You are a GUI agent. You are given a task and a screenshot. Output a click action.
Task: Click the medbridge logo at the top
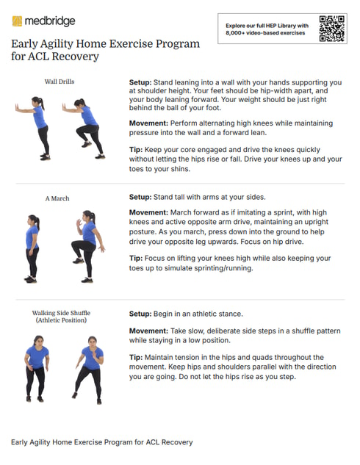click(x=43, y=21)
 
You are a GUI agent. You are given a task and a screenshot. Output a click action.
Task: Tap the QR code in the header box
click(x=332, y=29)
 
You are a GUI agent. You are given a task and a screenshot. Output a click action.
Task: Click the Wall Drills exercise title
click(x=60, y=82)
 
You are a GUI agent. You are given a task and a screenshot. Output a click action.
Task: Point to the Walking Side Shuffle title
click(x=61, y=313)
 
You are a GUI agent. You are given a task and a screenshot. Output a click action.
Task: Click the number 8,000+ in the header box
click(x=237, y=33)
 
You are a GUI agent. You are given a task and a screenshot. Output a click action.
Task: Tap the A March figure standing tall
click(x=32, y=248)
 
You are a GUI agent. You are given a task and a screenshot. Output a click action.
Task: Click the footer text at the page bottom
click(x=102, y=442)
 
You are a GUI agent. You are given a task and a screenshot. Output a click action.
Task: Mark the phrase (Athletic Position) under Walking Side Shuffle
click(x=61, y=321)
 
